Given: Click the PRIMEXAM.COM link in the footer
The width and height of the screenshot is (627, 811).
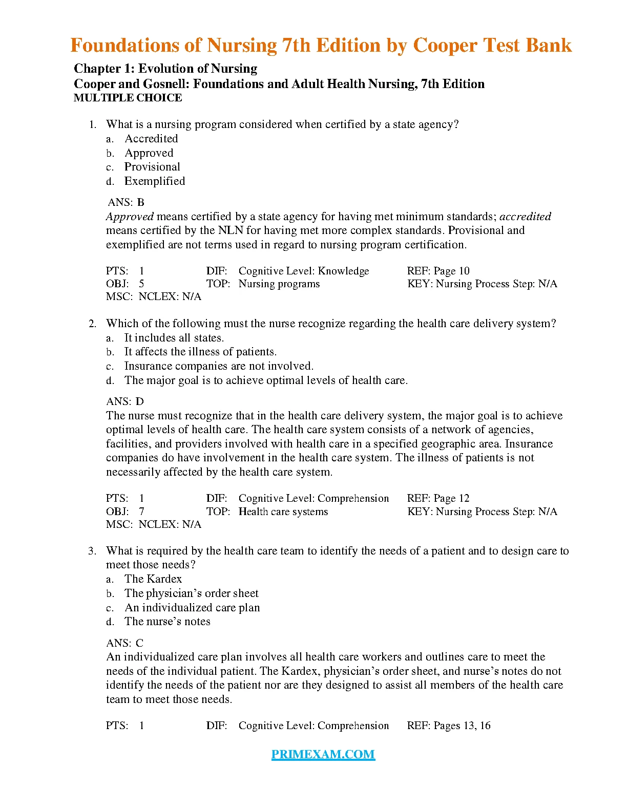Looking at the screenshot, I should click(x=323, y=754).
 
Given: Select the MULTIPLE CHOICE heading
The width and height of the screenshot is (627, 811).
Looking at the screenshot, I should click(x=128, y=98).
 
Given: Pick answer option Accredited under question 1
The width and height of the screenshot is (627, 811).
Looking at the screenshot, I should click(x=151, y=139).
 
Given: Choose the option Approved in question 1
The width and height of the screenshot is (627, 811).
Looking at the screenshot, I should click(x=149, y=153).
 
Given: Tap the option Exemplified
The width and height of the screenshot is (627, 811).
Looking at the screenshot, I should click(x=154, y=181).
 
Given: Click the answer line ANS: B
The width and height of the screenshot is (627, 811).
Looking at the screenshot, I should click(x=126, y=202).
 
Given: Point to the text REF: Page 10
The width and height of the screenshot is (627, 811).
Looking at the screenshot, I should click(x=438, y=271).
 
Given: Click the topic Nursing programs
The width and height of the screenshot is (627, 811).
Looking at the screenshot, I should click(x=279, y=284).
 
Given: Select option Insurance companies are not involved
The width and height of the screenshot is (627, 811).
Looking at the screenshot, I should click(x=219, y=366).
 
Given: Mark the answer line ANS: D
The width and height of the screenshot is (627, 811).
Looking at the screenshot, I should click(x=125, y=401).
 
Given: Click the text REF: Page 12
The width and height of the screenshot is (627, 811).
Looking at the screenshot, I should click(x=438, y=498).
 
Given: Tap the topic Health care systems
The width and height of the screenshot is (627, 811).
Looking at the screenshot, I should click(x=283, y=511).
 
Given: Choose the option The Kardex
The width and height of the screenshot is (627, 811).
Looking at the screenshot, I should click(x=153, y=579).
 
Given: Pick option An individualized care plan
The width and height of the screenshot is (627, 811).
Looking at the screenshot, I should click(x=192, y=608).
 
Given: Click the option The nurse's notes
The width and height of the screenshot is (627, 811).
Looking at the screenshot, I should click(x=167, y=622).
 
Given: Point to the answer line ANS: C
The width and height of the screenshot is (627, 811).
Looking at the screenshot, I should click(x=125, y=643).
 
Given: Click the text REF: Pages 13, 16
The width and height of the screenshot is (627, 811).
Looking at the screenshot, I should click(x=449, y=725).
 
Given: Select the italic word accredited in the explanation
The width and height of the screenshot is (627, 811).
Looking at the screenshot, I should click(x=525, y=217).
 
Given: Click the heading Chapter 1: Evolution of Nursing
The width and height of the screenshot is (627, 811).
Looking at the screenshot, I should click(x=165, y=69).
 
